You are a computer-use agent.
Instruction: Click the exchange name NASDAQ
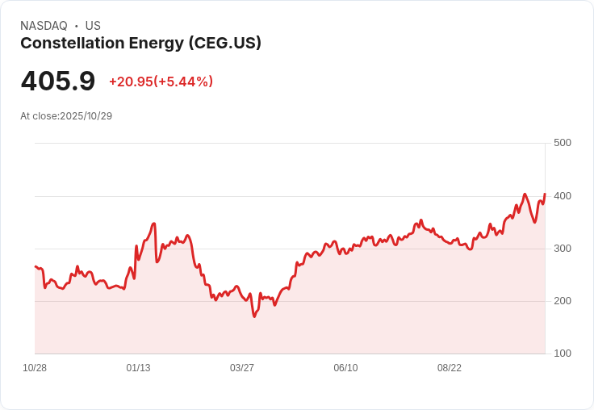click(44, 26)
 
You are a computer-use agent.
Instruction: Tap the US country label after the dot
click(93, 26)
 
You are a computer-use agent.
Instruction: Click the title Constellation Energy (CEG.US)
click(140, 44)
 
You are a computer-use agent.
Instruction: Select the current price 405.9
click(58, 82)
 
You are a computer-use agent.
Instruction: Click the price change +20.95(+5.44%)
click(161, 82)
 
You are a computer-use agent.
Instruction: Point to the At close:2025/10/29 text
click(66, 116)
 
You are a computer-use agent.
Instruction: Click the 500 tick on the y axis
click(562, 143)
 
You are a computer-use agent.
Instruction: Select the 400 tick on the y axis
click(562, 196)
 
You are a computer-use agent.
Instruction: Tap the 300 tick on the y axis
click(562, 249)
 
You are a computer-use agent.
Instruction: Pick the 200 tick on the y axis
click(562, 301)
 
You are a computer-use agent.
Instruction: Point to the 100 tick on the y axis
click(562, 354)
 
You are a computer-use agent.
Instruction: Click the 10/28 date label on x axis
click(35, 368)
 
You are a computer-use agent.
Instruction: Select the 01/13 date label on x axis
click(138, 368)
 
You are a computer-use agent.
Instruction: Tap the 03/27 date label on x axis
click(242, 368)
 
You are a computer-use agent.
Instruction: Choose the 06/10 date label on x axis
click(345, 368)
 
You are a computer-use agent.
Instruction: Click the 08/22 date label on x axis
click(450, 368)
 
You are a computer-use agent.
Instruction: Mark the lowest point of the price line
click(254, 316)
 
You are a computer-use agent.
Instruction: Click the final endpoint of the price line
click(545, 194)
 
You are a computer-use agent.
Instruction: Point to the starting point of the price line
click(36, 266)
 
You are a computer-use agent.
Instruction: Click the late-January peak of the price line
click(154, 224)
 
